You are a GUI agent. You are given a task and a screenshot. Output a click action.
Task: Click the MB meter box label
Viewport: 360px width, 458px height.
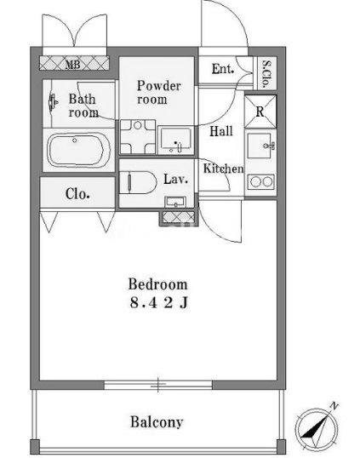(x=72, y=64)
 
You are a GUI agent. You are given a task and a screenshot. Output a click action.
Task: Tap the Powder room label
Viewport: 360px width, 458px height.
(x=158, y=92)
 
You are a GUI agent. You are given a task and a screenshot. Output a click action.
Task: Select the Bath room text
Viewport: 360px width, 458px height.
(x=83, y=106)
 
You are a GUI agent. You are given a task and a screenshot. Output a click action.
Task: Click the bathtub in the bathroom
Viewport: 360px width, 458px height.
(x=78, y=150)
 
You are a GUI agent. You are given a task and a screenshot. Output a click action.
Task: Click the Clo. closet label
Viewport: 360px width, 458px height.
(x=77, y=193)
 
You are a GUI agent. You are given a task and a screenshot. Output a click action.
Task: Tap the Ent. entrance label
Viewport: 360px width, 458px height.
(x=223, y=69)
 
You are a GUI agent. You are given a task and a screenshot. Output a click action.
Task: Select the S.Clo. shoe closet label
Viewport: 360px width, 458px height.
(x=266, y=74)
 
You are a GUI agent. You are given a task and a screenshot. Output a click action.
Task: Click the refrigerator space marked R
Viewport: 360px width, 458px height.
(x=260, y=112)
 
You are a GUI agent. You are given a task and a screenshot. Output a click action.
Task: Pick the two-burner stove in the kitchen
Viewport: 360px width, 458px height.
(x=261, y=182)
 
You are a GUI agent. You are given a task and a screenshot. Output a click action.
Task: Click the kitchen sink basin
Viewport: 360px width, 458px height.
(x=260, y=146)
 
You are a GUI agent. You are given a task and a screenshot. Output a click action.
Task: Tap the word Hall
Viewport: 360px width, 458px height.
(x=221, y=131)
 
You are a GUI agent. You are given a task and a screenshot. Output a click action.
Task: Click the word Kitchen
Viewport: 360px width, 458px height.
(x=223, y=169)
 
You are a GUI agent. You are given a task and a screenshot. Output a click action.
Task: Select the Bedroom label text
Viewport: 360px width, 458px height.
(x=158, y=284)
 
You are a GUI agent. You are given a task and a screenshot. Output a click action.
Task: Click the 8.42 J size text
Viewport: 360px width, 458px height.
(x=159, y=303)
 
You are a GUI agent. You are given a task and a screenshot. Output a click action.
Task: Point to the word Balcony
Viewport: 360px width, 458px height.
(x=157, y=421)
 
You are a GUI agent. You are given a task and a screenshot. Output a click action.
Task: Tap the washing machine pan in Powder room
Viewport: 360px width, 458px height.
(x=138, y=137)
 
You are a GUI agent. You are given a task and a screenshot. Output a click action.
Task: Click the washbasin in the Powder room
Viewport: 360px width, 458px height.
(x=176, y=140)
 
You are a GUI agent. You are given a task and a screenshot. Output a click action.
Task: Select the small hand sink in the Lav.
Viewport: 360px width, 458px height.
(x=175, y=202)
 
